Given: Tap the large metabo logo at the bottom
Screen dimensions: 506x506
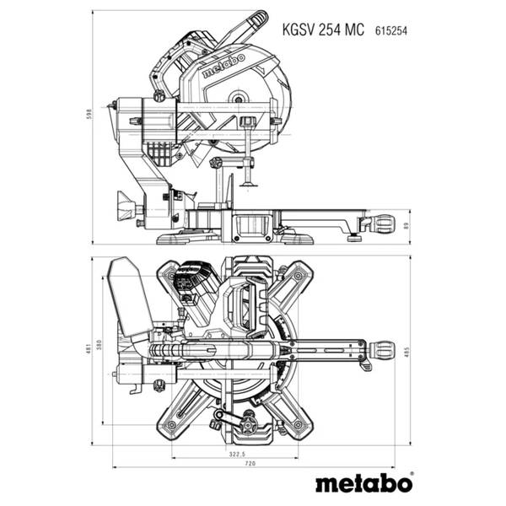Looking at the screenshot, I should click(x=363, y=485).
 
